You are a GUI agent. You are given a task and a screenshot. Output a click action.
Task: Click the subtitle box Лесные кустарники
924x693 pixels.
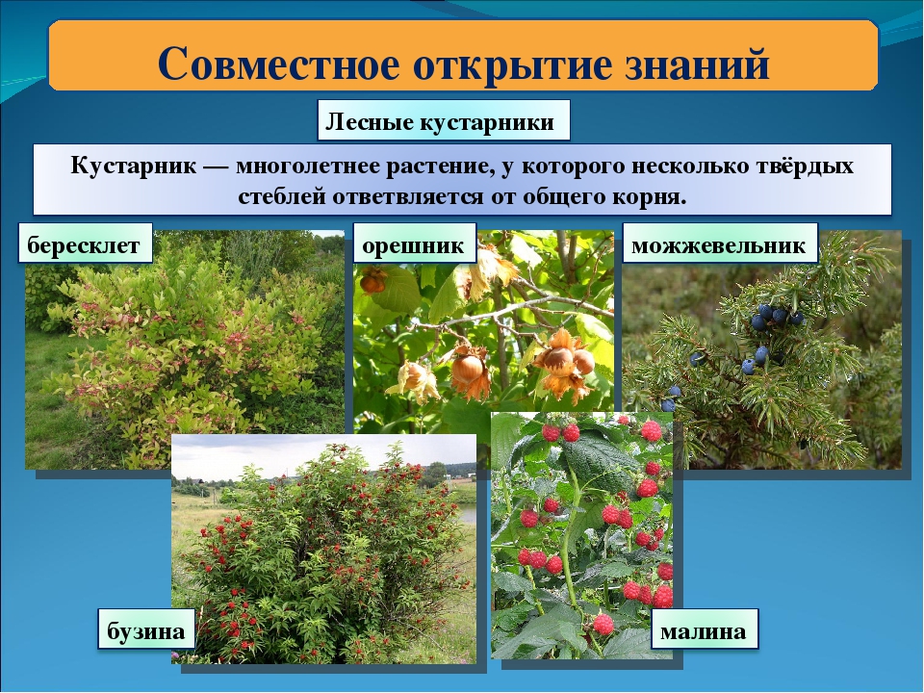(x=444, y=120)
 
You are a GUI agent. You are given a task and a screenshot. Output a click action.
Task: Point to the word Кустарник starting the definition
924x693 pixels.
(x=133, y=166)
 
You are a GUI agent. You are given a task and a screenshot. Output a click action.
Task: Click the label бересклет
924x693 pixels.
(x=85, y=243)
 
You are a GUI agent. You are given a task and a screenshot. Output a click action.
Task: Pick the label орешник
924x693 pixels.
(x=414, y=243)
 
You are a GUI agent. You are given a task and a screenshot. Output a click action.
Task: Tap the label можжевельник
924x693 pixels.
(x=720, y=243)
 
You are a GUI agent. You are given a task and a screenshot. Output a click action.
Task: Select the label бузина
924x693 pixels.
(x=146, y=629)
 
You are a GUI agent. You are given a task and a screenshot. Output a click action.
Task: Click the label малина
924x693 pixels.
(x=704, y=629)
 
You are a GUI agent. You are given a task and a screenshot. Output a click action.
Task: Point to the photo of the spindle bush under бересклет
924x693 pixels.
(x=185, y=349)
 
